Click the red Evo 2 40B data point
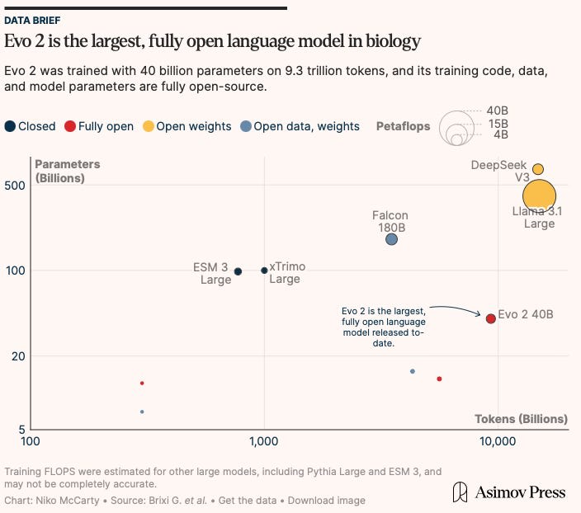click(x=490, y=318)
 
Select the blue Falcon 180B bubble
click(x=391, y=239)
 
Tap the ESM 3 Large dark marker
click(x=238, y=271)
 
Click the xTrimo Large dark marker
click(x=264, y=271)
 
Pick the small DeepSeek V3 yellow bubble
click(x=538, y=169)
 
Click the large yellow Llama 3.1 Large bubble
click(x=539, y=196)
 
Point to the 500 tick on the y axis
click(x=15, y=186)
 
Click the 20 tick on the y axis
click(x=18, y=356)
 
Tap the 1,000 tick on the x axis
click(x=264, y=441)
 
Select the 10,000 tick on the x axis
click(x=498, y=441)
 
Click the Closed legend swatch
click(x=10, y=126)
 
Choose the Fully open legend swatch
click(x=70, y=126)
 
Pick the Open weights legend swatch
click(x=149, y=126)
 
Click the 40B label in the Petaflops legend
click(x=498, y=111)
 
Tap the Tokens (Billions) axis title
click(x=521, y=419)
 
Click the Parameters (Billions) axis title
click(x=68, y=171)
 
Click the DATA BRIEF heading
click(x=32, y=21)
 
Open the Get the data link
click(x=248, y=501)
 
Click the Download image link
click(x=327, y=501)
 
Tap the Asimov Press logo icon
click(x=460, y=492)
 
